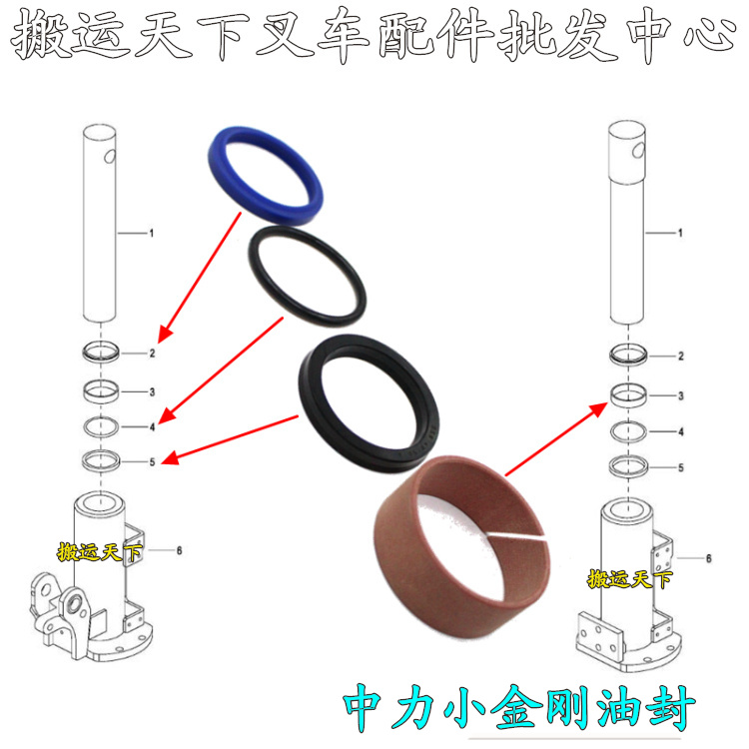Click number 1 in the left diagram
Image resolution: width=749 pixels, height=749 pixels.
tap(151, 233)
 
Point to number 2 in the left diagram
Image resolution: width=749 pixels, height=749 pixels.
tap(152, 354)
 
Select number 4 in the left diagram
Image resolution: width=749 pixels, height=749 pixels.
tap(152, 426)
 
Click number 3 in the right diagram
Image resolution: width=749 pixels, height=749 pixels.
tap(680, 396)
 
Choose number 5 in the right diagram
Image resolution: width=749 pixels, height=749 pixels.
tap(680, 466)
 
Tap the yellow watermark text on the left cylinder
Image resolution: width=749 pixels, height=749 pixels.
tap(100, 551)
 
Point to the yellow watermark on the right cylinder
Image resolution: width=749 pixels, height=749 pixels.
tap(629, 578)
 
